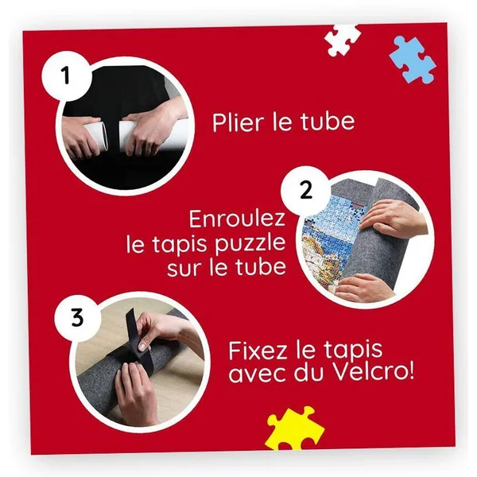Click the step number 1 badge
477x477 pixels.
pyautogui.click(x=66, y=76)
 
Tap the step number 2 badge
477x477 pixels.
pyautogui.click(x=305, y=191)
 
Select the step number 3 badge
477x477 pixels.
pyautogui.click(x=77, y=317)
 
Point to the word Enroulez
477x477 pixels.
pyautogui.click(x=238, y=219)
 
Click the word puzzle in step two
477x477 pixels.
pyautogui.click(x=250, y=245)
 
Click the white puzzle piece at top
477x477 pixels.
pyautogui.click(x=342, y=40)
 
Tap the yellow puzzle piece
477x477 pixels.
pyautogui.click(x=293, y=429)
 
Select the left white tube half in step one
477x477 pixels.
pyautogui.click(x=95, y=136)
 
